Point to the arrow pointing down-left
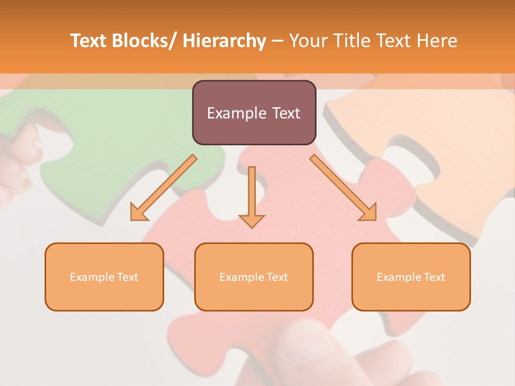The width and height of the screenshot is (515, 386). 163,188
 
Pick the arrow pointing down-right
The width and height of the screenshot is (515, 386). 343,188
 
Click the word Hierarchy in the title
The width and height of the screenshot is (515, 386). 224,41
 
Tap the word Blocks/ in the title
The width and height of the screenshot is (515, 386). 143,41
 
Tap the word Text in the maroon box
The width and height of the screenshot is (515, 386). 285,113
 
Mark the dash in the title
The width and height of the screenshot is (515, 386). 277,41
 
